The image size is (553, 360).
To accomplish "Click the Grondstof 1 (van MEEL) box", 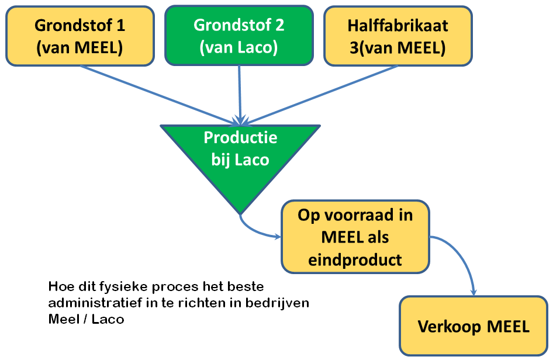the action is click(x=80, y=36).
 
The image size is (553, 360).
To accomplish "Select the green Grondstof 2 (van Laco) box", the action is click(x=239, y=35).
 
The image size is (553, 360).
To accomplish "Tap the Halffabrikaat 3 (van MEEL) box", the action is click(x=398, y=36).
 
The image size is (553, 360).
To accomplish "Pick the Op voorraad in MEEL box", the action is click(x=355, y=237).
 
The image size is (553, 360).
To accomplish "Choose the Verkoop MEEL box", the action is click(x=473, y=326).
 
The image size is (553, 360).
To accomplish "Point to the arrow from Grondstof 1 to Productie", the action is click(x=160, y=95).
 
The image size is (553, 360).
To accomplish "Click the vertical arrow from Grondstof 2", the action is click(x=240, y=95).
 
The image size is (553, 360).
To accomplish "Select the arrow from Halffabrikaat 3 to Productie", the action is click(x=319, y=95).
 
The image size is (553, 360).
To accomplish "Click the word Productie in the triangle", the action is click(x=240, y=137).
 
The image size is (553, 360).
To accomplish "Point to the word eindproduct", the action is click(x=355, y=260).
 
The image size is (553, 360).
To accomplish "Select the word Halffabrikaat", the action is click(x=398, y=25).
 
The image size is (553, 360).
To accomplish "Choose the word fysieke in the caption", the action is click(x=123, y=287).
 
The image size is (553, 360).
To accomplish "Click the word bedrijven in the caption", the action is click(x=277, y=303).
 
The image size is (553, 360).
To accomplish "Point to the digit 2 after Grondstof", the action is click(x=279, y=25).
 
